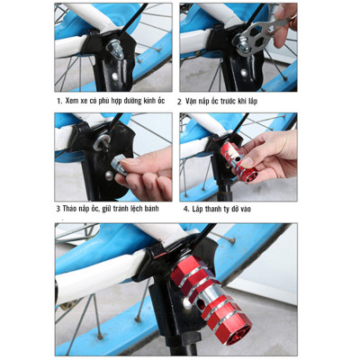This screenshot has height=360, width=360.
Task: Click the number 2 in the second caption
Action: tap(180, 101)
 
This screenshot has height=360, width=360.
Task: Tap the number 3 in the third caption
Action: tap(57, 208)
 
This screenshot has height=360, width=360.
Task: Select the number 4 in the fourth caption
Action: tap(180, 208)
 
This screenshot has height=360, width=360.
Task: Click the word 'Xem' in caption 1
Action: tap(73, 101)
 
